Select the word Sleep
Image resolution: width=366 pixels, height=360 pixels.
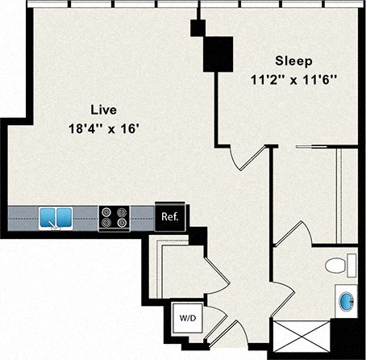(x=293, y=61)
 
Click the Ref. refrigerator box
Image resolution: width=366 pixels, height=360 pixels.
(x=170, y=216)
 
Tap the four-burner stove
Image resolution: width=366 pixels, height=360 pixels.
(x=114, y=216)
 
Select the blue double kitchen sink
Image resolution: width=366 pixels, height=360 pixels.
(x=56, y=216)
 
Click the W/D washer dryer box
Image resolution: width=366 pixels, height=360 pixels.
(x=187, y=317)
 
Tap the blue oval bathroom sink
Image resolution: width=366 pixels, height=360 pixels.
(x=346, y=303)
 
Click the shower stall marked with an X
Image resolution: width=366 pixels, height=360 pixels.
(x=302, y=334)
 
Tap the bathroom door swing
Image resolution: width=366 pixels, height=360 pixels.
(x=289, y=233)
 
